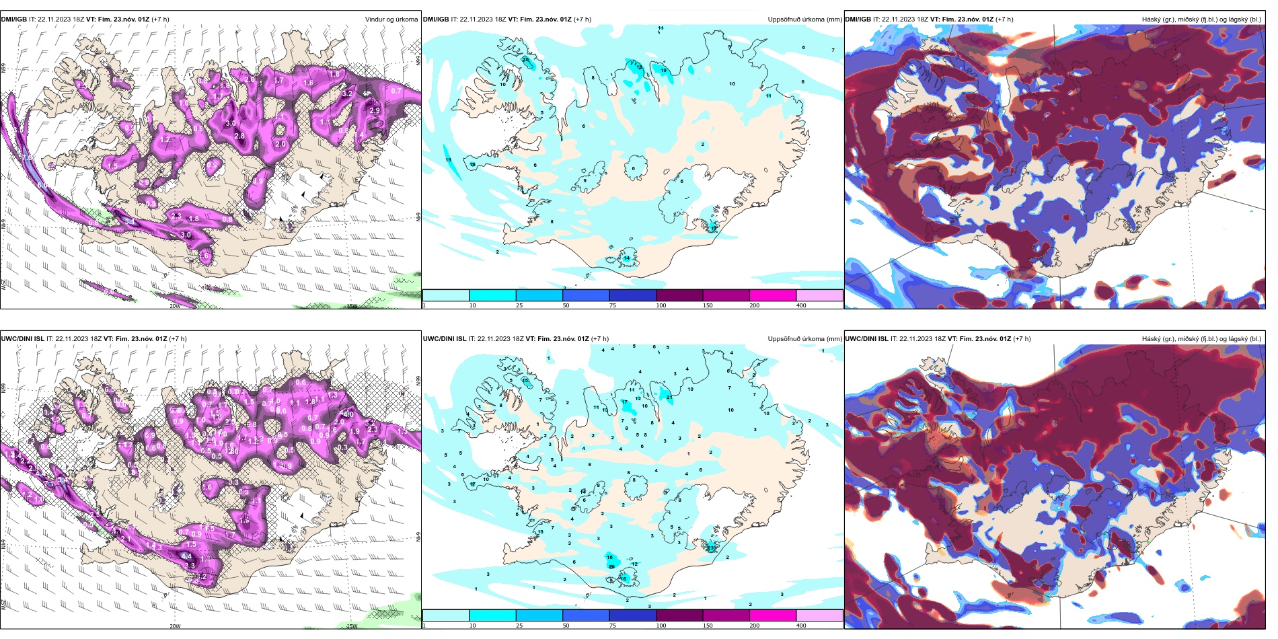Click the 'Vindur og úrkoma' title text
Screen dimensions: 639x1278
coord(391,19)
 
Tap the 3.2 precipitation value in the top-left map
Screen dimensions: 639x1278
coord(347,94)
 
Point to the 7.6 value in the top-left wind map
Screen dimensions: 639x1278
coord(28,157)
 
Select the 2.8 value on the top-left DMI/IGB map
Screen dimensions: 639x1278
coord(239,136)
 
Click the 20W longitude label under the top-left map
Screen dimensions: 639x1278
coord(174,306)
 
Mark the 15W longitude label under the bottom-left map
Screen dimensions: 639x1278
coord(351,626)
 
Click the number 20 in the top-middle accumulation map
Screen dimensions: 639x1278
coord(525,60)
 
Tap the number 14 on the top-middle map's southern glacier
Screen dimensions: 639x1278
coord(626,258)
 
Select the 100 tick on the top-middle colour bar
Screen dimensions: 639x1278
coord(661,305)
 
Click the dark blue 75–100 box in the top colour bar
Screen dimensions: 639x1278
coord(632,295)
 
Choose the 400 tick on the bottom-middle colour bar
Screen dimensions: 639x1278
coord(801,625)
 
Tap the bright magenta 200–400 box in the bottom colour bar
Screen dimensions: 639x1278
coord(773,615)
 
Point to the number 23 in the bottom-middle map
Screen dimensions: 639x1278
coord(711,548)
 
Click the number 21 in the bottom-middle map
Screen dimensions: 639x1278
coord(669,397)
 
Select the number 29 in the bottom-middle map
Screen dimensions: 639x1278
coord(611,567)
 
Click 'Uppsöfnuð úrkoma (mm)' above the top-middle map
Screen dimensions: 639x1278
coord(804,19)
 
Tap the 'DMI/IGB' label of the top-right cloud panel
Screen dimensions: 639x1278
coord(858,19)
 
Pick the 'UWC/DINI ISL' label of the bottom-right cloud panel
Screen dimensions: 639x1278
coord(866,338)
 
